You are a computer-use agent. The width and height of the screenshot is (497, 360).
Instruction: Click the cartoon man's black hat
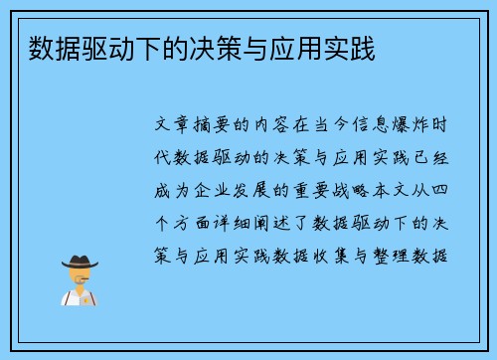pos(81,263)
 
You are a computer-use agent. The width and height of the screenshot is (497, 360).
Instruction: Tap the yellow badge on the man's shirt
pos(87,296)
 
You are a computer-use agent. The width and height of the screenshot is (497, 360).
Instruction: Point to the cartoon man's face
pos(81,275)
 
